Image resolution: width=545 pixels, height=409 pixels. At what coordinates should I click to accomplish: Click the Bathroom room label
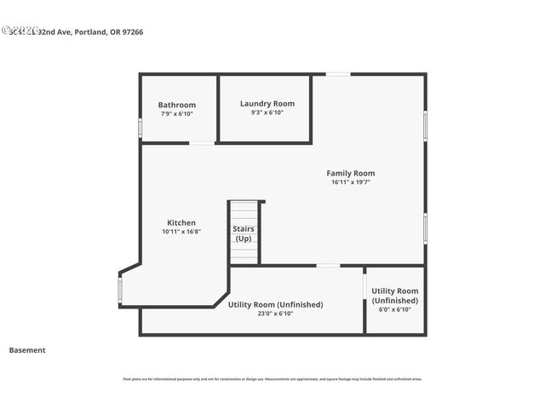click(x=176, y=105)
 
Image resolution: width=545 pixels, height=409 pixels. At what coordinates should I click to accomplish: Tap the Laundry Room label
click(x=267, y=103)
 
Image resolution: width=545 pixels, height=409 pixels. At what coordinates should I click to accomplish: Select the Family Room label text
click(x=351, y=173)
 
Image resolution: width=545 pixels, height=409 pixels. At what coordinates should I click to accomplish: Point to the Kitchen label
click(x=181, y=222)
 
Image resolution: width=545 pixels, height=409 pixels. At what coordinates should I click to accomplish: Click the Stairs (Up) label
click(x=244, y=233)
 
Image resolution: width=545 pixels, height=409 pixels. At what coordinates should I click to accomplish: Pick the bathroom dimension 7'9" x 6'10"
click(x=176, y=114)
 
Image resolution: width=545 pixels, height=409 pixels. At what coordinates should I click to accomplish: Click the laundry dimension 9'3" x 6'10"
click(x=267, y=112)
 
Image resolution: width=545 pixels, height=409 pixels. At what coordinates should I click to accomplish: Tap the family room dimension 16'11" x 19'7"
click(x=351, y=182)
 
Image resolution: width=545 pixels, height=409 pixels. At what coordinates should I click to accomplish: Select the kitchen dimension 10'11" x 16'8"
click(x=181, y=232)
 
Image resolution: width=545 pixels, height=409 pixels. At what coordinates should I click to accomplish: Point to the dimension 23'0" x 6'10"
click(x=275, y=314)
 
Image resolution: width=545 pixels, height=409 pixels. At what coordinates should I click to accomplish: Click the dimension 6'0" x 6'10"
click(x=394, y=309)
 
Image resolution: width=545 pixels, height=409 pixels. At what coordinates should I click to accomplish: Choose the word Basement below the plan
click(x=27, y=350)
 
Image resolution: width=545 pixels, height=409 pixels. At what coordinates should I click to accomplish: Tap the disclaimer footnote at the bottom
click(x=272, y=379)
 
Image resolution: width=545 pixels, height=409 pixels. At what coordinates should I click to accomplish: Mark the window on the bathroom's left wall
click(x=141, y=126)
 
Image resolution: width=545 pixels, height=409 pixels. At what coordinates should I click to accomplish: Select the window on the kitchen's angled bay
click(x=120, y=291)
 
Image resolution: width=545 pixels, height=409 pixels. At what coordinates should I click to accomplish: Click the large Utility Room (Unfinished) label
click(x=275, y=304)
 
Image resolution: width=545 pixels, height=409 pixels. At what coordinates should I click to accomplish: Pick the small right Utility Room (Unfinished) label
click(x=394, y=296)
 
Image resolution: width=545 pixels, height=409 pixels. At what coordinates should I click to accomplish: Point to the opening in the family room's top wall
click(x=338, y=74)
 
